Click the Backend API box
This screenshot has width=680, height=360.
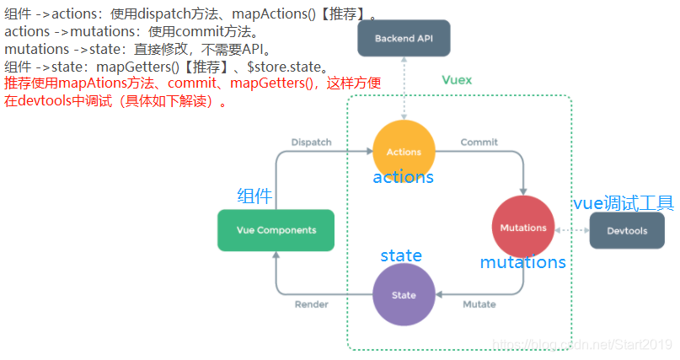click(x=404, y=39)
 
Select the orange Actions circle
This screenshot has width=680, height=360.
click(x=404, y=152)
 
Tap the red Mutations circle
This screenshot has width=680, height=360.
click(x=523, y=228)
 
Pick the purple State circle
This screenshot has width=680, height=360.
click(x=404, y=295)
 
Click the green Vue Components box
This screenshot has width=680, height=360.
click(x=276, y=230)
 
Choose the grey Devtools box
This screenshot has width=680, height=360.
click(x=626, y=230)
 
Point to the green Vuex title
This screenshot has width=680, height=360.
click(x=457, y=80)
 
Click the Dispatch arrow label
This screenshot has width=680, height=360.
click(x=311, y=142)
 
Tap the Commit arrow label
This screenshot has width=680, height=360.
click(x=479, y=142)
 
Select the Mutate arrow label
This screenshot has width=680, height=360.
click(x=479, y=304)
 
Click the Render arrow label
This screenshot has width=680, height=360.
click(x=311, y=304)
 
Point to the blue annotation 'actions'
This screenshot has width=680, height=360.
click(x=403, y=177)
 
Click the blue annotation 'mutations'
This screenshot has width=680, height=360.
click(x=522, y=262)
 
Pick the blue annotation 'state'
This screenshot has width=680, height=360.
click(x=401, y=255)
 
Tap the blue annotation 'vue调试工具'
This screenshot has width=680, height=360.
click(x=623, y=202)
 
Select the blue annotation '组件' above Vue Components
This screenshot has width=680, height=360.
click(x=254, y=196)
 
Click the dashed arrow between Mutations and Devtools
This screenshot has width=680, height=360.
click(x=570, y=229)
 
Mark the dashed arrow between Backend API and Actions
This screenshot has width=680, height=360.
click(x=404, y=89)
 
